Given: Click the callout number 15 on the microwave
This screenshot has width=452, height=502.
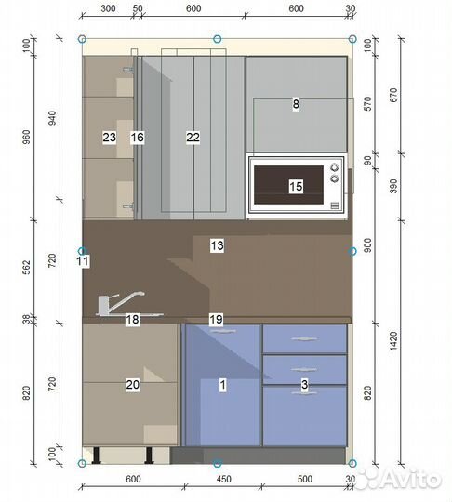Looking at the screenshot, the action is pos(296,186).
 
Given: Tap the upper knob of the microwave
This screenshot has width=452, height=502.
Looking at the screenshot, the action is pos(334,167).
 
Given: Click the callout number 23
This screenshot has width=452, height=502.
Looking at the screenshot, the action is pos(109,137).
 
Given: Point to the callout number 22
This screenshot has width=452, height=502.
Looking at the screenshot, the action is pos(193,137).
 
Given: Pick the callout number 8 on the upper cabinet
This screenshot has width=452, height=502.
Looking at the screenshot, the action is pos(296,104).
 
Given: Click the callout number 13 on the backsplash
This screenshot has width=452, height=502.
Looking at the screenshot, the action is pos(217,245).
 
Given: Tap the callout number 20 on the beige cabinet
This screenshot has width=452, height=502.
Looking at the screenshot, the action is pos(133,385).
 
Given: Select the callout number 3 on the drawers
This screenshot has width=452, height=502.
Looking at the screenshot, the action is pos(304,385).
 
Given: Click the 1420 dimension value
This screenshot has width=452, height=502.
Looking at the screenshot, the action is pos(393,341).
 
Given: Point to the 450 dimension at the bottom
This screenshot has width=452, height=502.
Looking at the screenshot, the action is pos(223,480).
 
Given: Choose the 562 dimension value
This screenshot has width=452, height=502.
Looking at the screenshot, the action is pos(27,267).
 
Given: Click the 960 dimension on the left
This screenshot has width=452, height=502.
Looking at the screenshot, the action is pos(27,137).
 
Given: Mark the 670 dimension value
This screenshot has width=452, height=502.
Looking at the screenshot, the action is pos(393,95).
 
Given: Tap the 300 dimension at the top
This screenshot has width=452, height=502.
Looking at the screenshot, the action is pos(108,8).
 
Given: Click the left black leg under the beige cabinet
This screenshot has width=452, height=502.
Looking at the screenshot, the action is pos(97,456).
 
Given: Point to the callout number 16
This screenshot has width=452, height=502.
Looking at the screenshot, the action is pos(137,137).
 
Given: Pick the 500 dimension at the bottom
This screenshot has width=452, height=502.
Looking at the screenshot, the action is pos(305,480).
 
